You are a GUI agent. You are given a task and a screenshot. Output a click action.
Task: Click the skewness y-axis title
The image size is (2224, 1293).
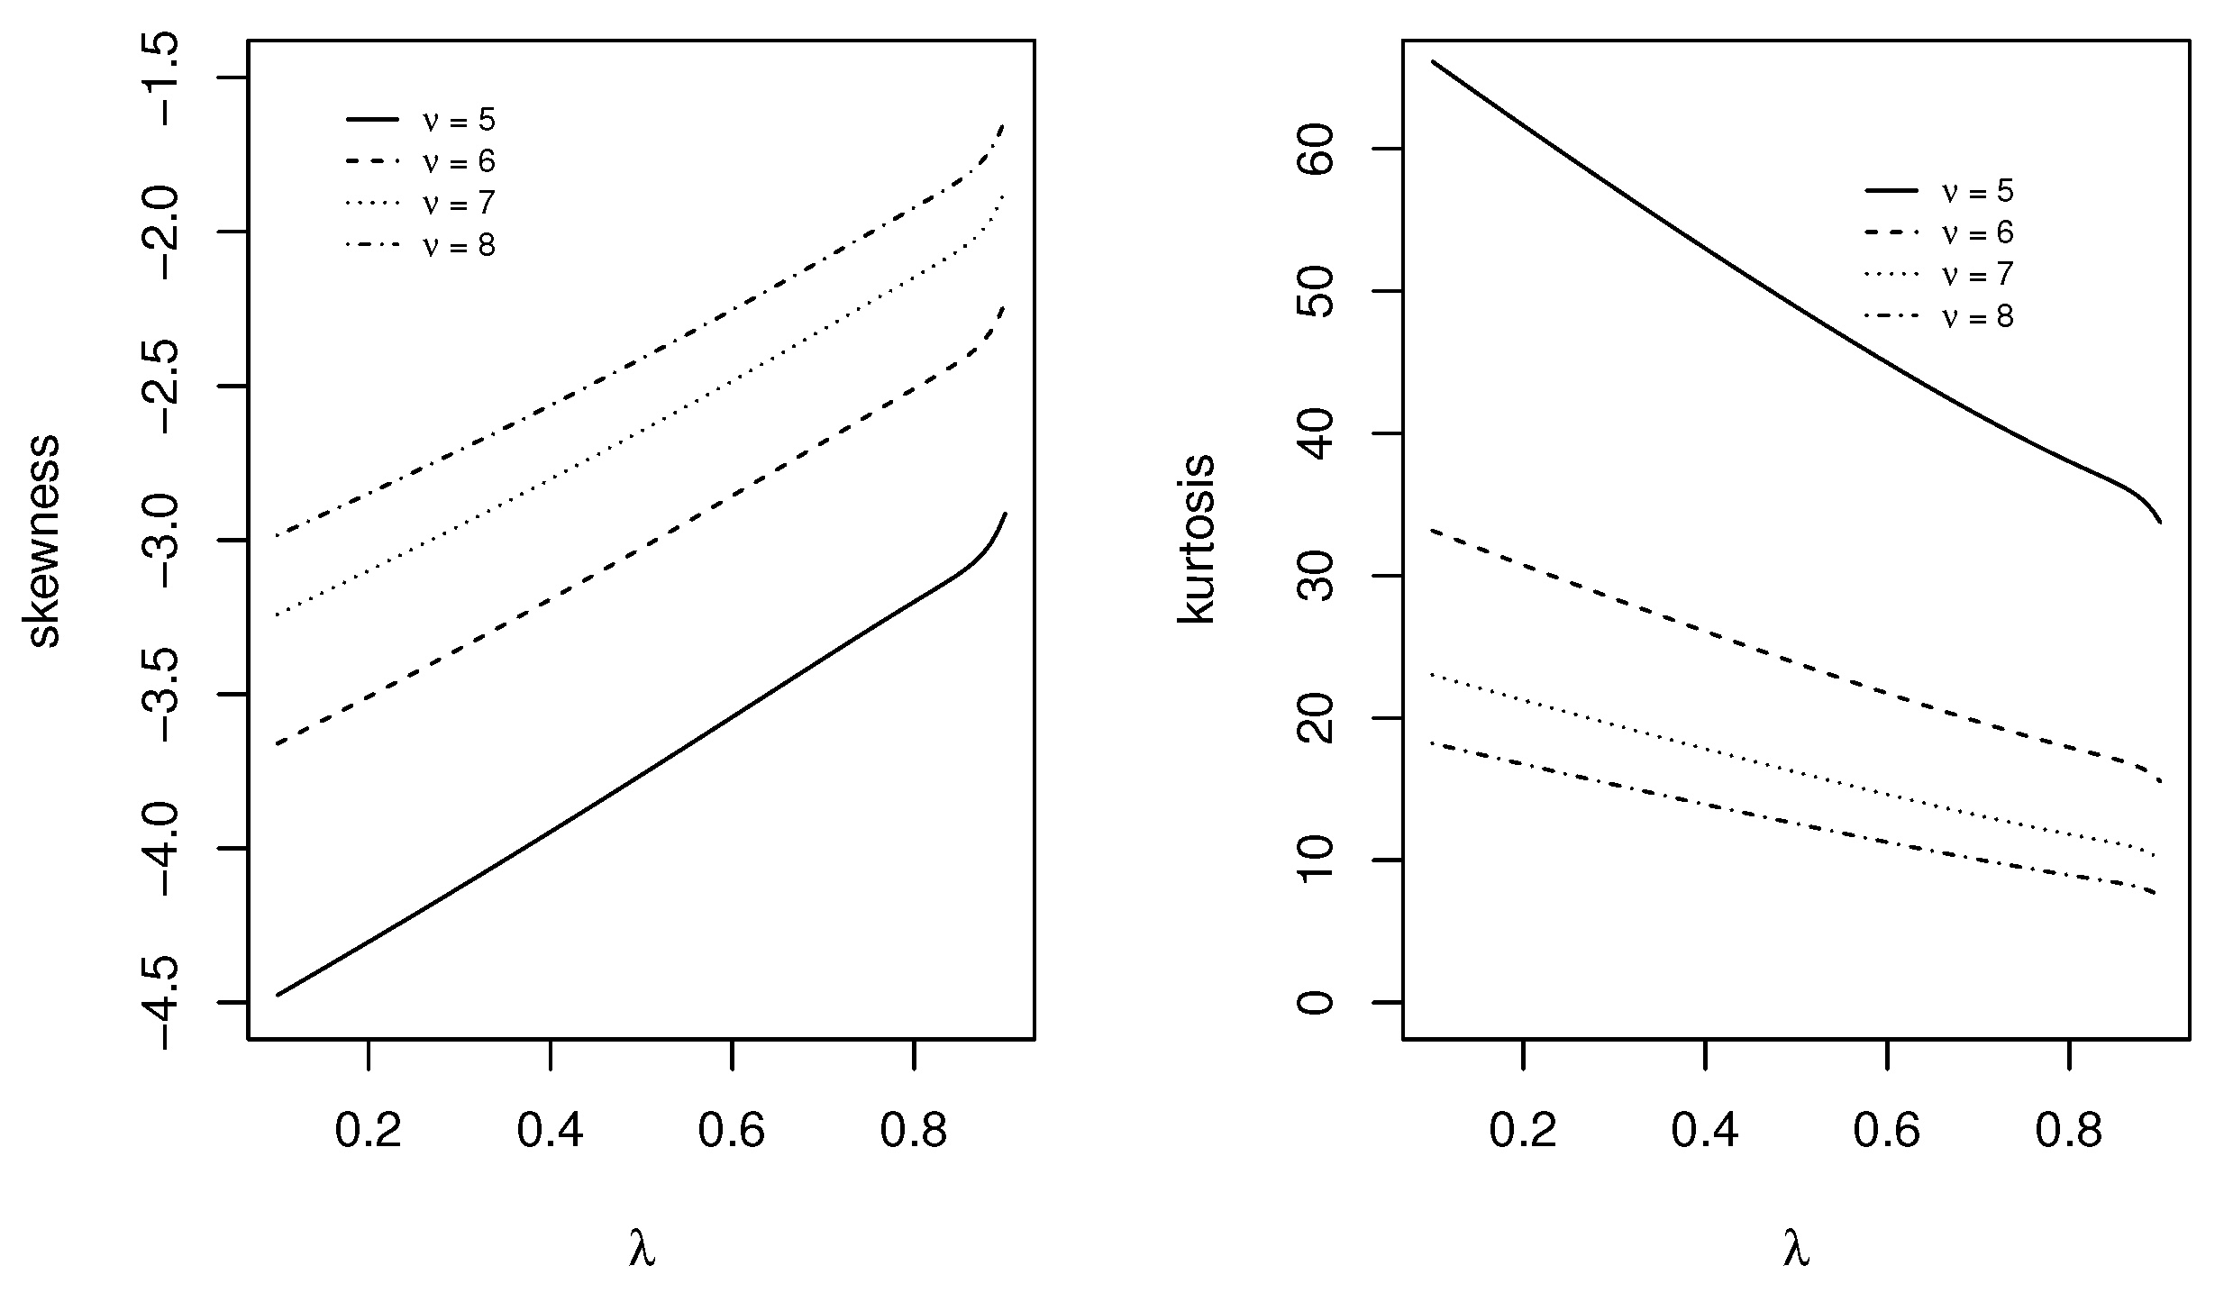[x=43, y=541]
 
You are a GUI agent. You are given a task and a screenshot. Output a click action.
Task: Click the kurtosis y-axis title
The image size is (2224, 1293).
[x=1197, y=539]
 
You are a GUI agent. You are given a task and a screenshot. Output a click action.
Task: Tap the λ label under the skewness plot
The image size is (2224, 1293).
[x=642, y=1250]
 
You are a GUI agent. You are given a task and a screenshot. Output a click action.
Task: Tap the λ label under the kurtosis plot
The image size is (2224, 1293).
[x=1796, y=1250]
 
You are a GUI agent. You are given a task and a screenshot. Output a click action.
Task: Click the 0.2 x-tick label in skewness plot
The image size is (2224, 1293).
[x=368, y=1131]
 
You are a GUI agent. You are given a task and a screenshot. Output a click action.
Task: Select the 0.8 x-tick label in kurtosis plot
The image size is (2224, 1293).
[x=2069, y=1131]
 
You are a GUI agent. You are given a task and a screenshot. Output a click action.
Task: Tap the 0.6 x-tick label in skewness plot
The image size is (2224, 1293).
[x=732, y=1131]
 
